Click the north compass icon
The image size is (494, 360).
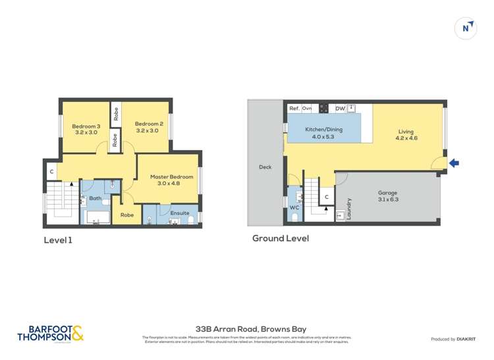[x=466, y=28]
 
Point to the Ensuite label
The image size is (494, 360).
[x=180, y=213]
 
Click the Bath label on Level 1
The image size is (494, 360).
[x=96, y=198]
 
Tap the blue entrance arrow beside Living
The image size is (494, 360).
[x=454, y=163]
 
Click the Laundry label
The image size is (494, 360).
[x=349, y=209]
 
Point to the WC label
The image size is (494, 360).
[x=294, y=207]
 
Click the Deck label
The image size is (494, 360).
[x=265, y=167]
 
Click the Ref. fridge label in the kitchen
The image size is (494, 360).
[x=294, y=108]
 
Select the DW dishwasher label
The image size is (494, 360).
[x=340, y=108]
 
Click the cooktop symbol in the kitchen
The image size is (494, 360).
[x=323, y=108]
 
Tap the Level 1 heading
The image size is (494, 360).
[x=58, y=240]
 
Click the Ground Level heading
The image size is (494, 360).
[x=280, y=238]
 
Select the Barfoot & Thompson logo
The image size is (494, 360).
[x=51, y=333]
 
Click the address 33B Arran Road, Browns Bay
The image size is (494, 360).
[x=251, y=328]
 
